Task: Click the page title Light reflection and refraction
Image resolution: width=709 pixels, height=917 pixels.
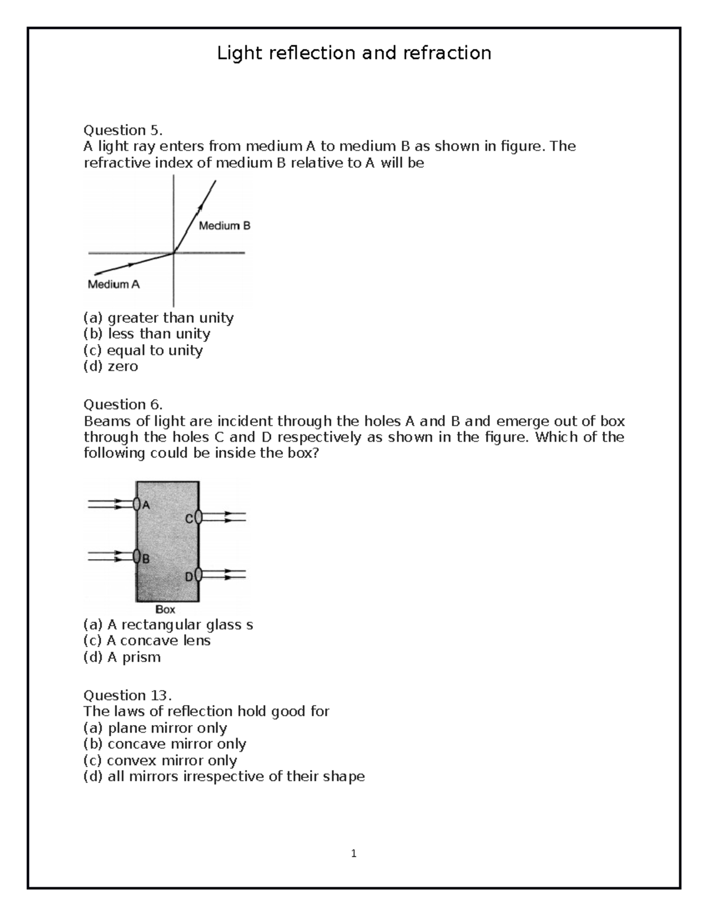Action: pos(354,53)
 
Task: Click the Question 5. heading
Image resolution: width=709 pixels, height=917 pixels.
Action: pos(122,130)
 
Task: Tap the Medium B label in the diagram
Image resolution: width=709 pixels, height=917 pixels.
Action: pos(225,226)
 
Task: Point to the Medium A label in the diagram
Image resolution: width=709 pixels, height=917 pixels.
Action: pos(113,285)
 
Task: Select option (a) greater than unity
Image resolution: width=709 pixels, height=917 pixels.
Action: pos(158,318)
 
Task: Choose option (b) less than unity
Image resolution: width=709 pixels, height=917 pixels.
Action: pos(147,334)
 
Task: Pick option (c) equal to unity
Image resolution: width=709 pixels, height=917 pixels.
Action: pos(143,350)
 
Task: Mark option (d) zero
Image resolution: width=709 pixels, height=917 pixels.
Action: pos(110,366)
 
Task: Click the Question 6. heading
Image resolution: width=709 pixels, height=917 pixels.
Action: pos(122,404)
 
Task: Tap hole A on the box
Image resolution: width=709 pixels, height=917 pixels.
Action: pos(137,504)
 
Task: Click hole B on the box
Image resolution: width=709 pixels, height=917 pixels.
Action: pos(137,557)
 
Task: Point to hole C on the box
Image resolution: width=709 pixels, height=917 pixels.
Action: pos(199,518)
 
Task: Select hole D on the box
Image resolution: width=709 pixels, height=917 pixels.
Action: pos(199,575)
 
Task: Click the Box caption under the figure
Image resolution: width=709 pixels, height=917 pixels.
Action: pos(165,609)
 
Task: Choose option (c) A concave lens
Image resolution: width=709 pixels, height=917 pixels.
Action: pos(147,641)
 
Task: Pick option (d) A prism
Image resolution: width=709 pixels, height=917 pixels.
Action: pos(122,657)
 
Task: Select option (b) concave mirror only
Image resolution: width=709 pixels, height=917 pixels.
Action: pos(165,744)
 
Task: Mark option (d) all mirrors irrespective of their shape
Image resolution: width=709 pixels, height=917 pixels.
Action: pos(224,776)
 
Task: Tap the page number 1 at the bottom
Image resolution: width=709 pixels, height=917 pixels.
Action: pos(353,853)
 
